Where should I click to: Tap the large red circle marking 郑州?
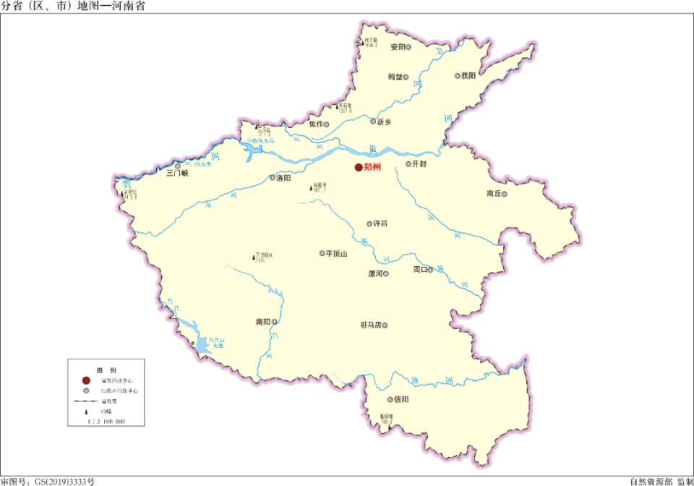pyautogui.click(x=358, y=168)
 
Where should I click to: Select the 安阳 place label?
pyautogui.click(x=398, y=47)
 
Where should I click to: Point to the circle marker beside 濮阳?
pyautogui.click(x=458, y=75)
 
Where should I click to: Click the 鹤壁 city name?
pyautogui.click(x=394, y=76)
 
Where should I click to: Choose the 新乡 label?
pyautogui.click(x=384, y=121)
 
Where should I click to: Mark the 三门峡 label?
pyautogui.click(x=177, y=174)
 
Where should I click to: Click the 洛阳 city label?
pyautogui.click(x=284, y=177)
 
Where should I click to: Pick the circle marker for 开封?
pyautogui.click(x=408, y=164)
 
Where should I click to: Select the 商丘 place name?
pyautogui.click(x=494, y=194)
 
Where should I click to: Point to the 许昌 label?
pyautogui.click(x=380, y=223)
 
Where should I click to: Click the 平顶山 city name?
pyautogui.click(x=337, y=254)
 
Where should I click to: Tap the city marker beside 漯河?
pyautogui.click(x=386, y=274)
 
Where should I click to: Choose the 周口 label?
pyautogui.click(x=420, y=270)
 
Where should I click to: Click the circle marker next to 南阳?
pyautogui.click(x=274, y=322)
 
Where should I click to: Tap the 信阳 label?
pyautogui.click(x=401, y=398)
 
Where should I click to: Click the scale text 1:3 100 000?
pyautogui.click(x=106, y=421)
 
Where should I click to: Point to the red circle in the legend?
pyautogui.click(x=86, y=380)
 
